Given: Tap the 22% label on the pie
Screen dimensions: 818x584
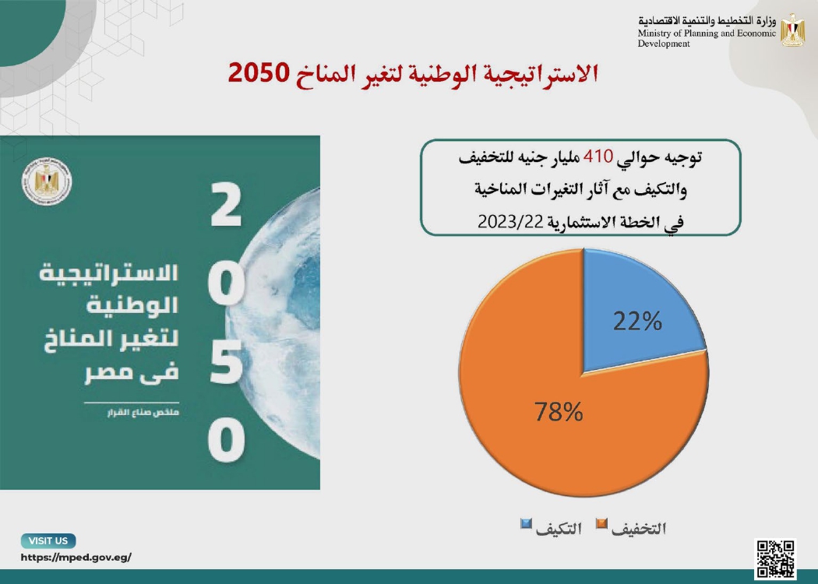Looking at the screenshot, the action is pyautogui.click(x=637, y=321).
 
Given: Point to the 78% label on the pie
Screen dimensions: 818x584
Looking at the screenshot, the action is pyautogui.click(x=559, y=412).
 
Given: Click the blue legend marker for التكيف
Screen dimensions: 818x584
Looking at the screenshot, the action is pyautogui.click(x=526, y=523).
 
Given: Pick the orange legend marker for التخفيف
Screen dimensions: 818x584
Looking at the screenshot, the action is pyautogui.click(x=601, y=523).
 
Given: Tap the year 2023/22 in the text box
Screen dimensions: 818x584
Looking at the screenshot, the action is pyautogui.click(x=510, y=222).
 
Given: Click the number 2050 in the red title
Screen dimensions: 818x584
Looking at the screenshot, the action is pyautogui.click(x=258, y=73).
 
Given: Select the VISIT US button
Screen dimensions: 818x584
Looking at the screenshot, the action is pyautogui.click(x=48, y=540).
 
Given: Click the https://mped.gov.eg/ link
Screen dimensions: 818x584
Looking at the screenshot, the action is pyautogui.click(x=76, y=558).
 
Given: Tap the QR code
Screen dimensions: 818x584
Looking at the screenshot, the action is pyautogui.click(x=775, y=559).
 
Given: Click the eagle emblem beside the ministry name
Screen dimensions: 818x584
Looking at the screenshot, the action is pyautogui.click(x=792, y=30).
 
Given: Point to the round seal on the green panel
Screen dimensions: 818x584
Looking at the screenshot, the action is pyautogui.click(x=47, y=182).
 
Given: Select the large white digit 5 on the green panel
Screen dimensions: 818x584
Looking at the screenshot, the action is pyautogui.click(x=226, y=362).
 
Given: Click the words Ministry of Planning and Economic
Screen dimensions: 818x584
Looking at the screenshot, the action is pyautogui.click(x=707, y=33).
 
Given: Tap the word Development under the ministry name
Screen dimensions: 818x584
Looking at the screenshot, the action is pyautogui.click(x=664, y=44).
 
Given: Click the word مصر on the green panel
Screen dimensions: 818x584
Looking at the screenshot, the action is pyautogui.click(x=104, y=372).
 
